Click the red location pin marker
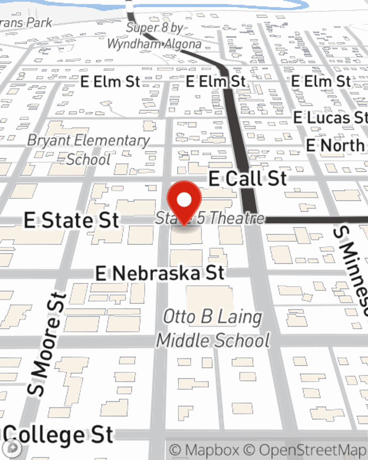(184, 201)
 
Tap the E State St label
(71, 220)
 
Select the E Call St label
(247, 179)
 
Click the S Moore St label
(47, 344)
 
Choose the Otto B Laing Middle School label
(213, 328)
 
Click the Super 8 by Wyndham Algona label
(155, 36)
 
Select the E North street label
(335, 146)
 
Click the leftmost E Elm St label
(110, 82)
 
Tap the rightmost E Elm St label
(321, 81)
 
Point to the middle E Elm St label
(216, 81)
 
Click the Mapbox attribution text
(204, 450)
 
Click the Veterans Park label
(26, 23)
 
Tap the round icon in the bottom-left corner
(13, 448)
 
